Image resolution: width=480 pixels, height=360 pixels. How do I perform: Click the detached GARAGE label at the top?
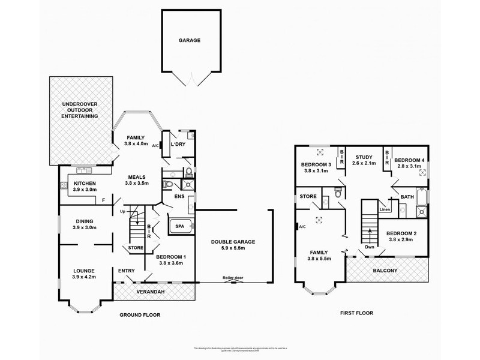click(x=188, y=40)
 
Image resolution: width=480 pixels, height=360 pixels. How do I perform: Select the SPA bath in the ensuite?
click(x=179, y=227)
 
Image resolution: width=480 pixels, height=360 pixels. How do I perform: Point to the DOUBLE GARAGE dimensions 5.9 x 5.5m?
click(x=233, y=248)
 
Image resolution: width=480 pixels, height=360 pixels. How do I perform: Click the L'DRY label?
click(x=177, y=145)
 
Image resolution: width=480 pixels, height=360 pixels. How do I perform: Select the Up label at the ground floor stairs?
click(x=124, y=212)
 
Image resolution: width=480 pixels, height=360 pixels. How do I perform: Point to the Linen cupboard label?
click(x=384, y=209)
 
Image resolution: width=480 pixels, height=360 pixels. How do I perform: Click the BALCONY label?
click(x=385, y=271)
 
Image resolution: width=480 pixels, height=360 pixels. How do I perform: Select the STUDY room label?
click(x=363, y=157)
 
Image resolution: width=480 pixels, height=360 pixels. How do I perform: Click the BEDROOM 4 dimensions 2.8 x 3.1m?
click(x=409, y=167)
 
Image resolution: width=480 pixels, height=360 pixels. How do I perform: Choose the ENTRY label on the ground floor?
click(x=127, y=271)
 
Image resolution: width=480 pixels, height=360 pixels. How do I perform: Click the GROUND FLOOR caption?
click(x=139, y=314)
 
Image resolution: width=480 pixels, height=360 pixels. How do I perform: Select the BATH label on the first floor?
click(x=407, y=196)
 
